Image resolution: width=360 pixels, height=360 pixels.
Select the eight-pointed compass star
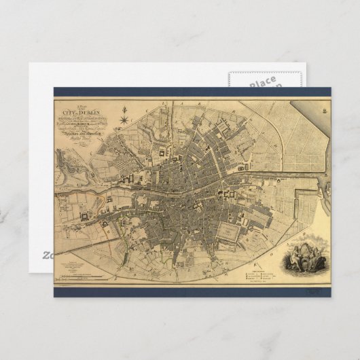click(x=124, y=121)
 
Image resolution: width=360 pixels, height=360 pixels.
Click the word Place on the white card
click(x=262, y=82)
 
